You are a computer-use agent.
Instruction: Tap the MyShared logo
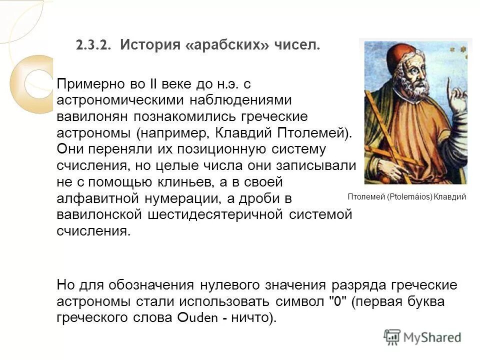pos(422,337)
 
